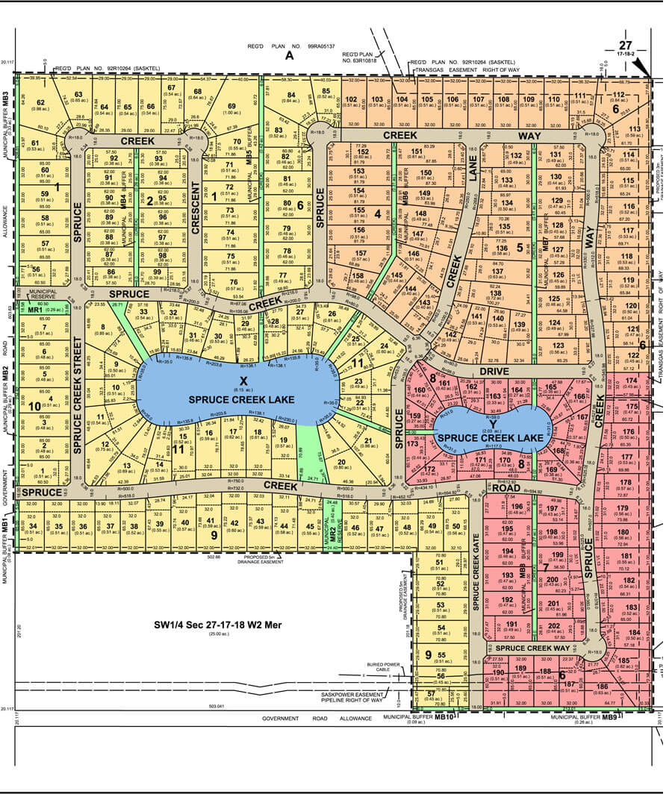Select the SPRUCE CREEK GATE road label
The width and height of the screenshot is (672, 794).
click(476, 588)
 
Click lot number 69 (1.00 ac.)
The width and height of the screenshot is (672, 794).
click(231, 107)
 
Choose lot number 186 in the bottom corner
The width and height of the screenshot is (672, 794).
click(603, 686)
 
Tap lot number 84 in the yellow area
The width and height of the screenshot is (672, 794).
click(290, 94)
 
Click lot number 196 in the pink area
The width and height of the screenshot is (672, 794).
click(517, 507)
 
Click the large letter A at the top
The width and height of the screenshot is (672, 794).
click(290, 56)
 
